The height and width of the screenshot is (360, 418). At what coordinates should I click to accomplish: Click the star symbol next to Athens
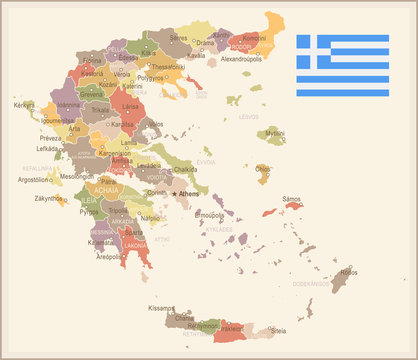(x=176, y=193)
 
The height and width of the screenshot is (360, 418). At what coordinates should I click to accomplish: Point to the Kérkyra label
(x=23, y=105)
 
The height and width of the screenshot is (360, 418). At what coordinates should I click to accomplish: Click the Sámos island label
(x=292, y=199)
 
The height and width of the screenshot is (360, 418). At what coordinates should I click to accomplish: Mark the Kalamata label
(x=101, y=242)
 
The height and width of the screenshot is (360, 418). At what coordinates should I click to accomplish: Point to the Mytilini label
(x=274, y=132)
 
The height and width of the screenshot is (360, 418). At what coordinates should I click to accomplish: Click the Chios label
(x=263, y=169)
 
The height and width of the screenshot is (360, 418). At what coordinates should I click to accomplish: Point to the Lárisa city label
(x=130, y=105)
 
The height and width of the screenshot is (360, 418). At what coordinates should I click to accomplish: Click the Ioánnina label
(x=69, y=104)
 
